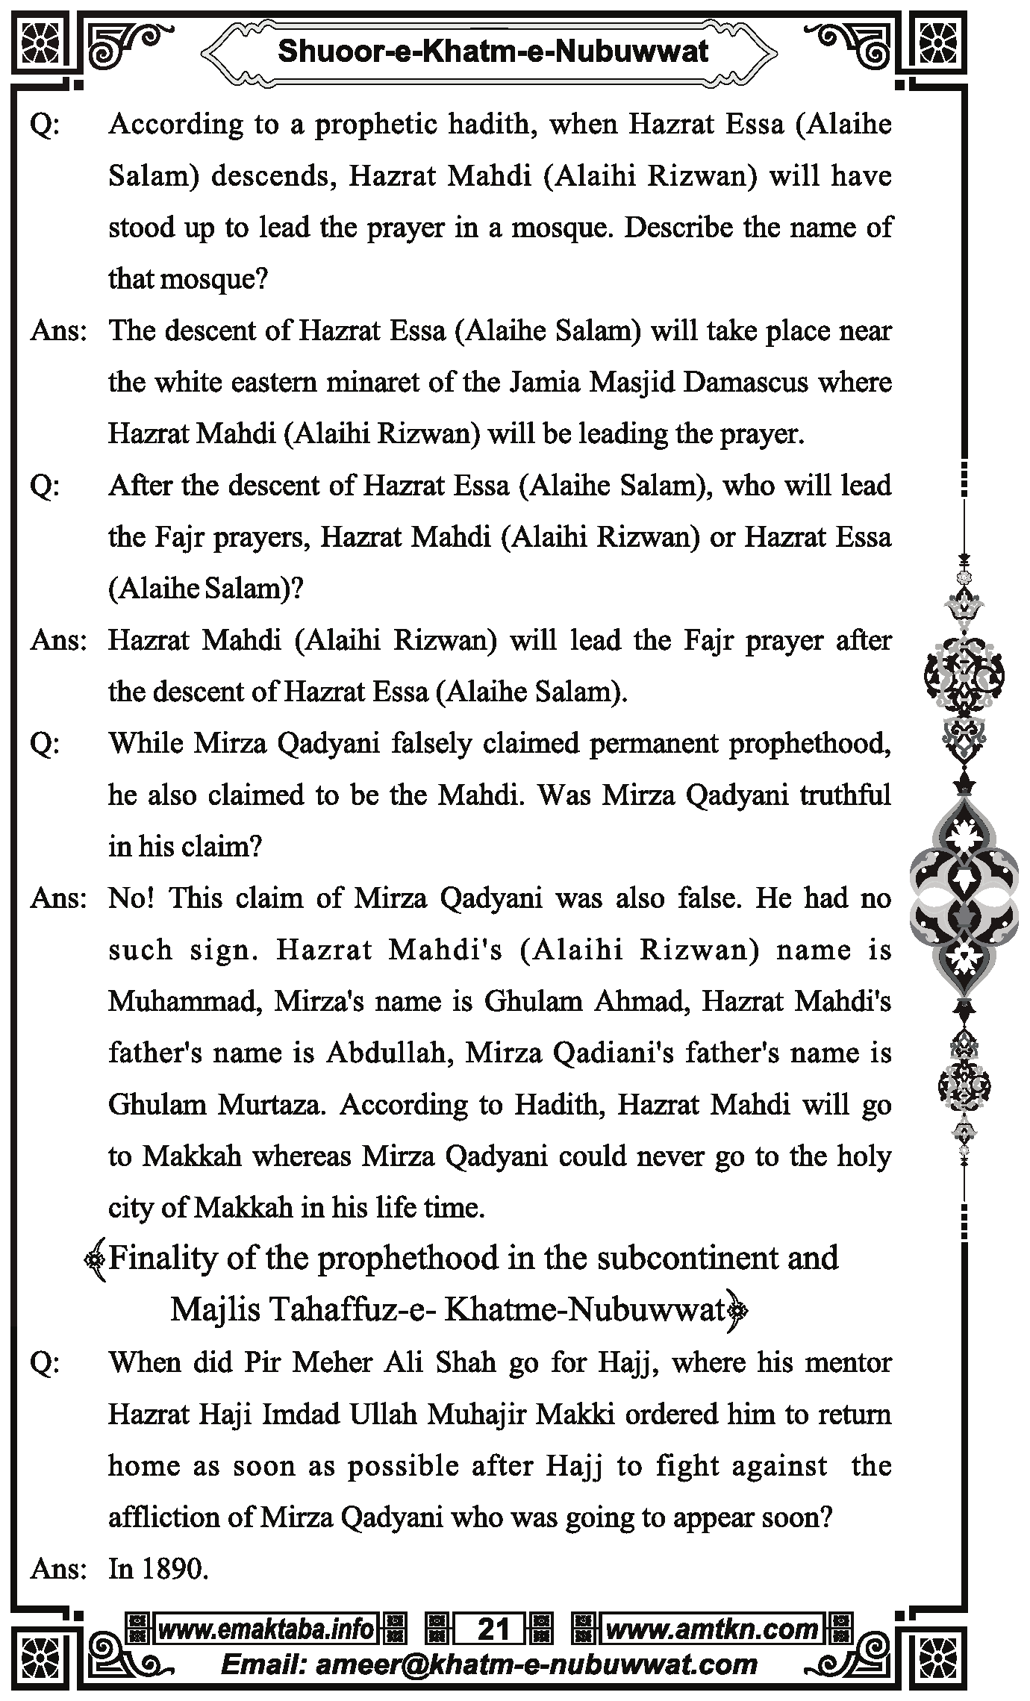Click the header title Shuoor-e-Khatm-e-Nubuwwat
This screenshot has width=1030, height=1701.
(493, 51)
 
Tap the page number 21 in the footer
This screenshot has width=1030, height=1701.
(493, 1629)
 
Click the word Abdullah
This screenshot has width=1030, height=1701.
(389, 1053)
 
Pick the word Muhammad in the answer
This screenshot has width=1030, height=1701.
(184, 1001)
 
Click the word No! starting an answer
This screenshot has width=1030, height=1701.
(131, 898)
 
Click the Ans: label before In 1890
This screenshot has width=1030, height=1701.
(58, 1569)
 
